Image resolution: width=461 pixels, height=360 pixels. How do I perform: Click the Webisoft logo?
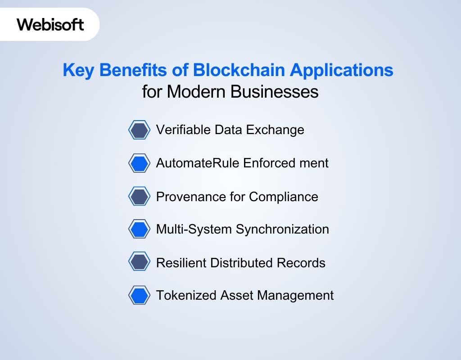pyautogui.click(x=50, y=24)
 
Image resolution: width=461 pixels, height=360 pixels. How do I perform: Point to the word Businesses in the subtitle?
pyautogui.click(x=274, y=92)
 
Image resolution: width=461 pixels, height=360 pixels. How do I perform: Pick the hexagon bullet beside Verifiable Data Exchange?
pyautogui.click(x=139, y=130)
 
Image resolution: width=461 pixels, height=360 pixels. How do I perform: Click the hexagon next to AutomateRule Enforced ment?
pyautogui.click(x=139, y=163)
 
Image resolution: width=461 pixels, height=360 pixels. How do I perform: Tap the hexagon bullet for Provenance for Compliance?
pyautogui.click(x=139, y=196)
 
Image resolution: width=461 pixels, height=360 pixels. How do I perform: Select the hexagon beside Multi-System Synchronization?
pyautogui.click(x=139, y=229)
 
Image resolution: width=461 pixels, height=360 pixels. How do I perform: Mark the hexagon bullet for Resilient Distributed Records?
pyautogui.click(x=139, y=262)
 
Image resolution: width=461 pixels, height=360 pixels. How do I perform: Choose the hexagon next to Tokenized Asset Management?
pyautogui.click(x=139, y=296)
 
